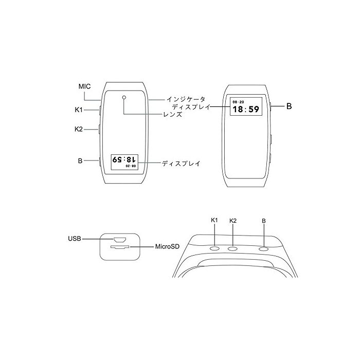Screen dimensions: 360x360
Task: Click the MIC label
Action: coord(84,86)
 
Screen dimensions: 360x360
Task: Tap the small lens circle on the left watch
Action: coord(124,97)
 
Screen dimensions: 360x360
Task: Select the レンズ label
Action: coord(173,114)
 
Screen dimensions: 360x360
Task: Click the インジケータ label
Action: coord(186,99)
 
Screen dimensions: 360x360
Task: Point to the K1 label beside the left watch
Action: coord(79,110)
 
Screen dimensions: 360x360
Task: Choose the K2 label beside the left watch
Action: coord(79,129)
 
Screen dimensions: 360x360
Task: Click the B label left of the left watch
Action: coord(80,160)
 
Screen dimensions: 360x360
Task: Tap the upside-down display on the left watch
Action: coord(124,162)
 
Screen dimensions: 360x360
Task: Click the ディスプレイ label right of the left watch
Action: coord(181,164)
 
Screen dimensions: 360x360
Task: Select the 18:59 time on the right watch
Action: coord(246,109)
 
